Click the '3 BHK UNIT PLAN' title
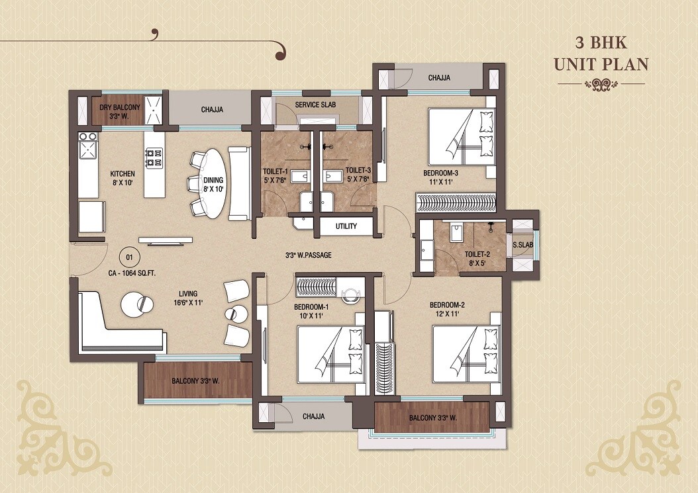(x=601, y=55)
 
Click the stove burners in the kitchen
(x=154, y=157)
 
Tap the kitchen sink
(x=88, y=150)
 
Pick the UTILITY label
(x=346, y=226)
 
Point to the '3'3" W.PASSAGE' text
(x=307, y=255)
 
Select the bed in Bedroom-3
(x=462, y=136)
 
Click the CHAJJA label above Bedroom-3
(x=438, y=78)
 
